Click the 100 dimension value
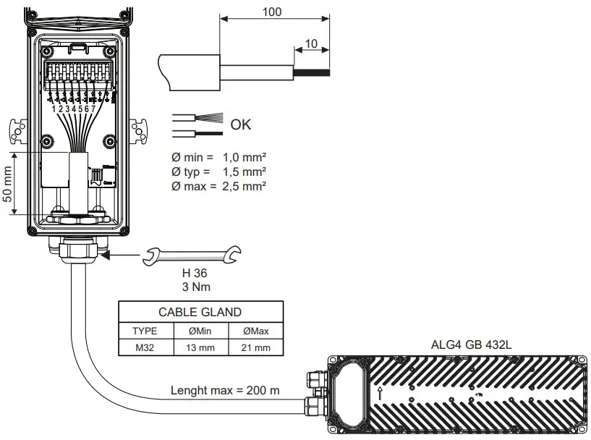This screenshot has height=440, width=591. (x=273, y=12)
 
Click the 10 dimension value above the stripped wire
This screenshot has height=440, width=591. (x=311, y=43)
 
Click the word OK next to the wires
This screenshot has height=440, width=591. (x=240, y=124)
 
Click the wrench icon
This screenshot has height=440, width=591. (x=193, y=254)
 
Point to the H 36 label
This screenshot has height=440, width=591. (x=193, y=273)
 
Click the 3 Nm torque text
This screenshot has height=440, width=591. (x=193, y=286)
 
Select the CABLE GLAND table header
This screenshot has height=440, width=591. (x=200, y=313)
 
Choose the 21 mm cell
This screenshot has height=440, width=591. (x=257, y=347)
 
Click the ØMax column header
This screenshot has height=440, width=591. (x=257, y=330)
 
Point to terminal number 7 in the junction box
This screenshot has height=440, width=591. (x=93, y=109)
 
